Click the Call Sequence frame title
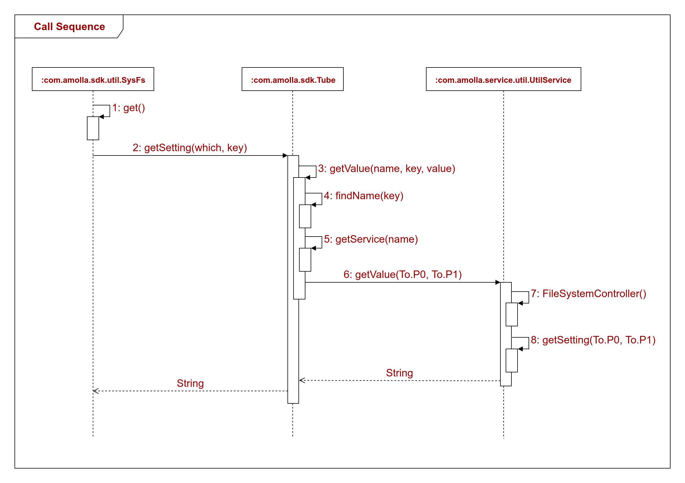pyautogui.click(x=69, y=27)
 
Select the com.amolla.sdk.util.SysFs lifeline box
pyautogui.click(x=93, y=79)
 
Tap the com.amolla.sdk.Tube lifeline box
pyautogui.click(x=293, y=79)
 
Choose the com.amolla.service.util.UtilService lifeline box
pyautogui.click(x=503, y=79)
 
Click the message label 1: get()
pyautogui.click(x=129, y=108)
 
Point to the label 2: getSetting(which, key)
pyautogui.click(x=190, y=148)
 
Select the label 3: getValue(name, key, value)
pyautogui.click(x=386, y=169)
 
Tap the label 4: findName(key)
pyautogui.click(x=363, y=196)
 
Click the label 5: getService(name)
pyautogui.click(x=371, y=239)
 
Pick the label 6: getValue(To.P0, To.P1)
pyautogui.click(x=402, y=275)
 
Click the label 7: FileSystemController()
pyautogui.click(x=588, y=294)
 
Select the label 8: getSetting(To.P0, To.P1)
pyautogui.click(x=593, y=340)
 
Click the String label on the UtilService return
pyautogui.click(x=400, y=373)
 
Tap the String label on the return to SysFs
pyautogui.click(x=190, y=383)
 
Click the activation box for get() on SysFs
pyautogui.click(x=93, y=128)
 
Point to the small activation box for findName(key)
pyautogui.click(x=305, y=216)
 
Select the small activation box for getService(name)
pyautogui.click(x=305, y=260)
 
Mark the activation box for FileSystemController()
pyautogui.click(x=512, y=314)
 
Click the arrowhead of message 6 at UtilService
pyautogui.click(x=498, y=282)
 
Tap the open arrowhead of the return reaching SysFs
pyautogui.click(x=95, y=391)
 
